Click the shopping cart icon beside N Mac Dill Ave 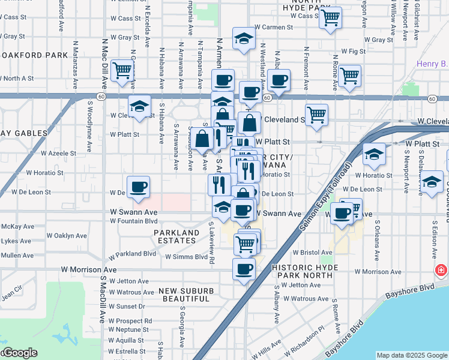(x=122, y=71)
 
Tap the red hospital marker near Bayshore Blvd (x=442, y=271)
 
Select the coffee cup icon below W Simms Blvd (x=244, y=269)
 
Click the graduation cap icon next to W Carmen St (x=243, y=40)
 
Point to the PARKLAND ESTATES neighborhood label (x=176, y=237)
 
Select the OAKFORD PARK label (x=34, y=55)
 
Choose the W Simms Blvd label (x=186, y=257)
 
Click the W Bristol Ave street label (x=310, y=254)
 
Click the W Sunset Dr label (x=127, y=306)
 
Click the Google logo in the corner (x=19, y=353)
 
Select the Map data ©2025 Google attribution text (x=411, y=355)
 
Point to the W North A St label (x=18, y=78)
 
